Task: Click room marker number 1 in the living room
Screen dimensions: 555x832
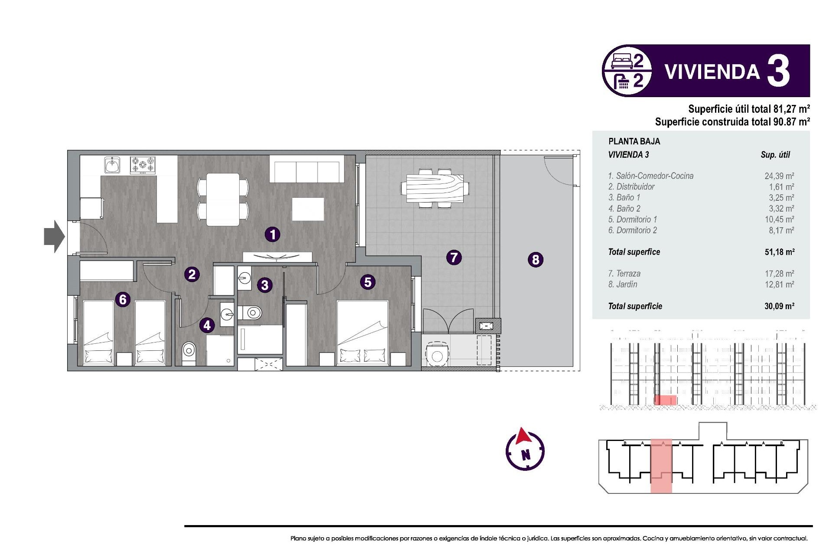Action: pos(273,235)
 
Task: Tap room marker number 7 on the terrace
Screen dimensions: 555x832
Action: pos(454,258)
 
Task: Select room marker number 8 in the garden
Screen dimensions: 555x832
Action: pos(536,260)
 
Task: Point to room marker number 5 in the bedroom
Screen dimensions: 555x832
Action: pos(367,282)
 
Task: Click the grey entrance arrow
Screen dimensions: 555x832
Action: pos(54,237)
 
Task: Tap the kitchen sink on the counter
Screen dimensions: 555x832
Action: pos(112,165)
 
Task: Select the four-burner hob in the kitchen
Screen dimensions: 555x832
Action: pos(143,165)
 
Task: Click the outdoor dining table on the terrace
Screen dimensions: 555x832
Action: pos(435,189)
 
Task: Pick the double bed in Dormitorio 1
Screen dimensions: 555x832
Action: pos(362,332)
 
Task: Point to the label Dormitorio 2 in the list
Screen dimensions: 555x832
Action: pos(633,230)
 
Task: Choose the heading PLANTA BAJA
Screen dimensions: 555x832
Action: pos(634,141)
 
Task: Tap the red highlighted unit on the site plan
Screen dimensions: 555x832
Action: pos(661,466)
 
